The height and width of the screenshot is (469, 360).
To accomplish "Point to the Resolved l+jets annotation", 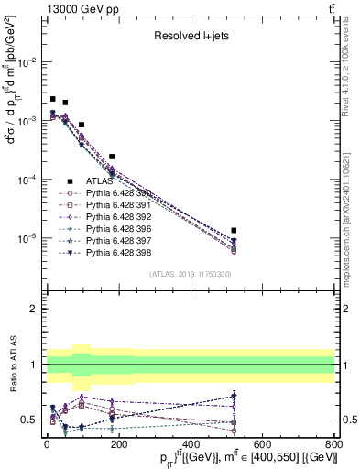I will click(189, 36).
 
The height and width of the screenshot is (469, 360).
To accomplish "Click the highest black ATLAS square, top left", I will click(53, 99).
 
